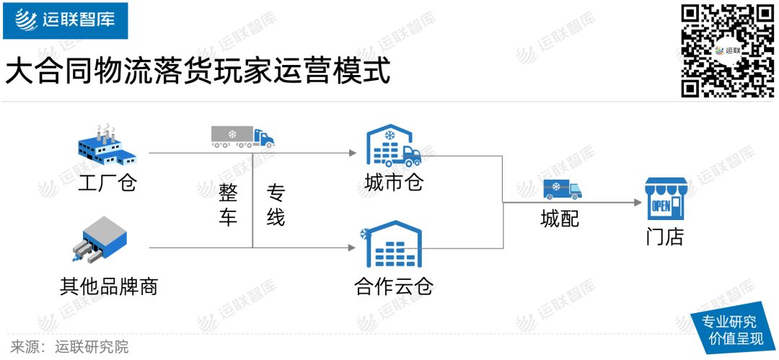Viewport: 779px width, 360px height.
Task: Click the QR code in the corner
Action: pos(727,51)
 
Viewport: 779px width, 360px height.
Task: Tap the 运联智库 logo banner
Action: pos(65,20)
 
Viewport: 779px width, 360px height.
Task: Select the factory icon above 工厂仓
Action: pos(107,144)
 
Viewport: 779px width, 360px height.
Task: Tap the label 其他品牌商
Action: pos(108,286)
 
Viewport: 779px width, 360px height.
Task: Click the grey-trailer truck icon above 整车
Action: pos(242,136)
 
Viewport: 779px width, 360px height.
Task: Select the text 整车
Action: pos(228,204)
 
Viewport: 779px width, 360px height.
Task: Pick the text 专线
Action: pos(276,204)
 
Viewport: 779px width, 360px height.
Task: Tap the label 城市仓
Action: pos(393,183)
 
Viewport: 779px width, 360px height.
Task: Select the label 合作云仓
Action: pos(393,286)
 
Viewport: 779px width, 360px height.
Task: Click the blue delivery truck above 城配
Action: pos(561,189)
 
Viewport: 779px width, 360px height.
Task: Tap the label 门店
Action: pos(664,236)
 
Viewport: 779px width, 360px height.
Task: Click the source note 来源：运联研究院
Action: pos(69,346)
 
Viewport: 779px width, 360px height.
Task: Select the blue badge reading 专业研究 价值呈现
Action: pos(730,330)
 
